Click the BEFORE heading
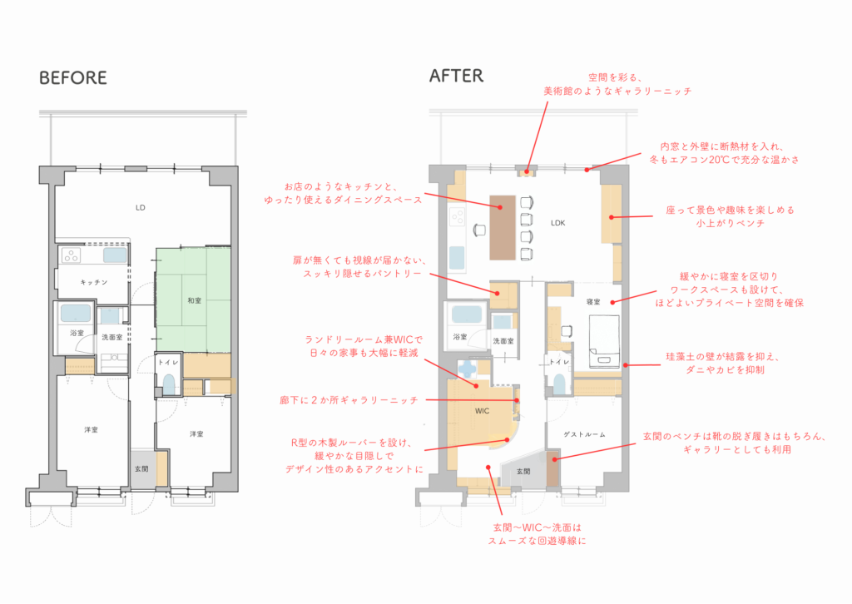coord(73,77)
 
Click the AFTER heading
coord(456,76)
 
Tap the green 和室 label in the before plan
coord(194,300)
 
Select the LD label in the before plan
coord(140,207)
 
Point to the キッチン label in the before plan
coord(94,282)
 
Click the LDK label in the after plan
coord(558,223)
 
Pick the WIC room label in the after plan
coord(482,411)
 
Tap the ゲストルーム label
coord(584,434)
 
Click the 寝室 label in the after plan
coord(593,301)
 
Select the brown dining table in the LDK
coord(503,227)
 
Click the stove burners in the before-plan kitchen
coord(72,255)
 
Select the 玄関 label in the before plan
coord(141,468)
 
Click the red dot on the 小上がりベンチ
coord(612,217)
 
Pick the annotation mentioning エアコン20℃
coord(725,153)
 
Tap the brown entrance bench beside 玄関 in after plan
coord(552,468)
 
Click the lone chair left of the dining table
coord(479,230)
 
